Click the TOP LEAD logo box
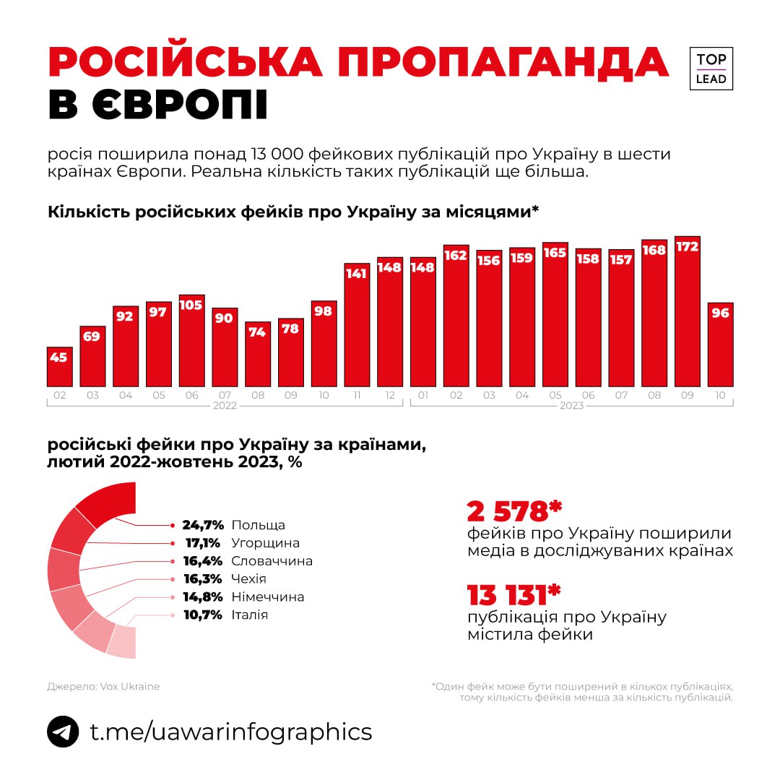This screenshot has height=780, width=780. tap(711, 69)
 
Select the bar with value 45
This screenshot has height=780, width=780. tap(59, 367)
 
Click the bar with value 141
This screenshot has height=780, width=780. tap(357, 325)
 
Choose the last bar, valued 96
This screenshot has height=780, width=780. tap(720, 345)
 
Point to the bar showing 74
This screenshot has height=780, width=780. tap(258, 354)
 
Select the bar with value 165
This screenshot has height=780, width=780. tap(555, 315)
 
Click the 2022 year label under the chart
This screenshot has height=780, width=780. tap(225, 406)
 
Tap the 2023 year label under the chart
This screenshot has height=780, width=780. tap(571, 406)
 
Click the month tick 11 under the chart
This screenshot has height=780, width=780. tap(357, 395)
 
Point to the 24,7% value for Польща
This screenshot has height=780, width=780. tap(203, 525)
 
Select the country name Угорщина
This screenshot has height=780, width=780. tap(265, 543)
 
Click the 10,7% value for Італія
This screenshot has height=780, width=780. tap(203, 615)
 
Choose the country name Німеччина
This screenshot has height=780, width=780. tap(267, 597)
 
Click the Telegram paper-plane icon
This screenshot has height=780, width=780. tap(63, 732)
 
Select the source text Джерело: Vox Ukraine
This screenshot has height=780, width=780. tap(103, 686)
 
